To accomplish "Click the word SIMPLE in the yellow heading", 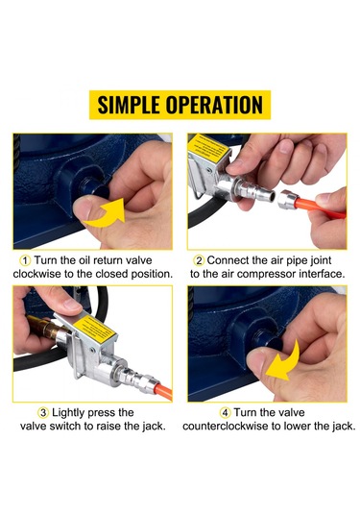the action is click(129, 105).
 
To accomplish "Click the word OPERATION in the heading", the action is click(214, 105).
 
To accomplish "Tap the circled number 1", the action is click(26, 260).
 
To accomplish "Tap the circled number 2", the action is click(199, 260).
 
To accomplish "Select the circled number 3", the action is click(43, 413).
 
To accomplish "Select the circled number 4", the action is click(225, 413).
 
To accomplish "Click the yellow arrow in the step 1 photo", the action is click(106, 214).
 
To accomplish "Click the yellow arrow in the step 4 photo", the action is click(284, 362).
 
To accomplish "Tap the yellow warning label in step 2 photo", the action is click(208, 147).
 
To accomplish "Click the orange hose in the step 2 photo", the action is click(320, 208).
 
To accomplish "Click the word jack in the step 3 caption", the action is click(154, 427).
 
